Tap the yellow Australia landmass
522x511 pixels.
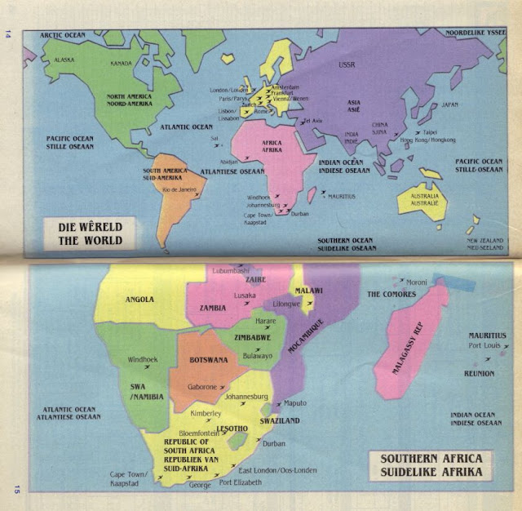(422, 200)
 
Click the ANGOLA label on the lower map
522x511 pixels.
(139, 300)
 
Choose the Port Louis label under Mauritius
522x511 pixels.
(484, 346)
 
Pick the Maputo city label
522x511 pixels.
(294, 402)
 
